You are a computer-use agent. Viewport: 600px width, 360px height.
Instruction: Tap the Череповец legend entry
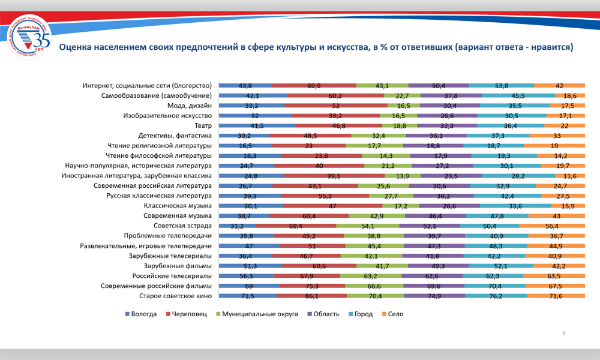click(x=188, y=314)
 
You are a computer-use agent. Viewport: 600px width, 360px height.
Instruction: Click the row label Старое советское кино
click(x=175, y=296)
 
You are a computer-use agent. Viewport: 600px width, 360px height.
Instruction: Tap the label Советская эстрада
click(x=182, y=226)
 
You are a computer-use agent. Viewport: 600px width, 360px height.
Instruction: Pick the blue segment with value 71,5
click(x=247, y=296)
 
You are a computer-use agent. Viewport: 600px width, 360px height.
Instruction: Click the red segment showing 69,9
click(x=314, y=85)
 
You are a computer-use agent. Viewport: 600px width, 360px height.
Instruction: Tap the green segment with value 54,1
click(x=367, y=226)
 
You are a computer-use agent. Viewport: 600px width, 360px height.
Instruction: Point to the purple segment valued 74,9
click(x=434, y=296)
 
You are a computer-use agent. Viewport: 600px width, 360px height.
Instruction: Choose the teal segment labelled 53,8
click(x=502, y=85)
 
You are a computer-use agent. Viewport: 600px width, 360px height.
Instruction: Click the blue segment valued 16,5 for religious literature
click(x=245, y=145)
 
